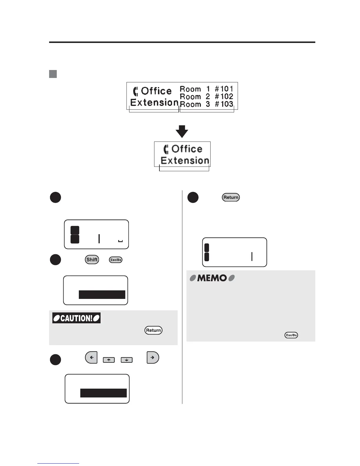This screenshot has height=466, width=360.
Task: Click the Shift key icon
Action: coord(92,259)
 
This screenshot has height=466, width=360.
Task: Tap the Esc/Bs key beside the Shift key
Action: coord(116,260)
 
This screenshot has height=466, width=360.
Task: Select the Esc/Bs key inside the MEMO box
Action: coord(291,335)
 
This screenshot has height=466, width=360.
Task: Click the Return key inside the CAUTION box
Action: coord(154,330)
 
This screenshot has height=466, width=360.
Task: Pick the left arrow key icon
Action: coord(91,358)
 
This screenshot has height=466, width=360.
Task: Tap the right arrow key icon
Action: coord(153,358)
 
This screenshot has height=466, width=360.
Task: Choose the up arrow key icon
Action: coord(109,360)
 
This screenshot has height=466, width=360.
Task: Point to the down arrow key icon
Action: coord(126,360)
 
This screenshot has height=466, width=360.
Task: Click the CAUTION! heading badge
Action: coord(76,318)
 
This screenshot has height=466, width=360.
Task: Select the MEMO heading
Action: coord(212,278)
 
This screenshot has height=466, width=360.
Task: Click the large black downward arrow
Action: coord(182,131)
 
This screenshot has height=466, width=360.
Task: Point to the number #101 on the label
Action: coord(224,89)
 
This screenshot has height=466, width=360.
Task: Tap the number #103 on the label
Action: coord(224,104)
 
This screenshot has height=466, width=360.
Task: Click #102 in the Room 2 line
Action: coord(224,96)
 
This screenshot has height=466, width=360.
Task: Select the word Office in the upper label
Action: coord(156,91)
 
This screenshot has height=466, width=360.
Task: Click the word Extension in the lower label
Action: coord(185,161)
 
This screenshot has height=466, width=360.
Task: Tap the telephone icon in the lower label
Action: coord(166,149)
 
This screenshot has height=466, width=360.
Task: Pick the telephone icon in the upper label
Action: coord(136,91)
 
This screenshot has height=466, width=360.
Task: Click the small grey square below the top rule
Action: coord(53,74)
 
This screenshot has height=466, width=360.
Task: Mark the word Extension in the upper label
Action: coord(154,103)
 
